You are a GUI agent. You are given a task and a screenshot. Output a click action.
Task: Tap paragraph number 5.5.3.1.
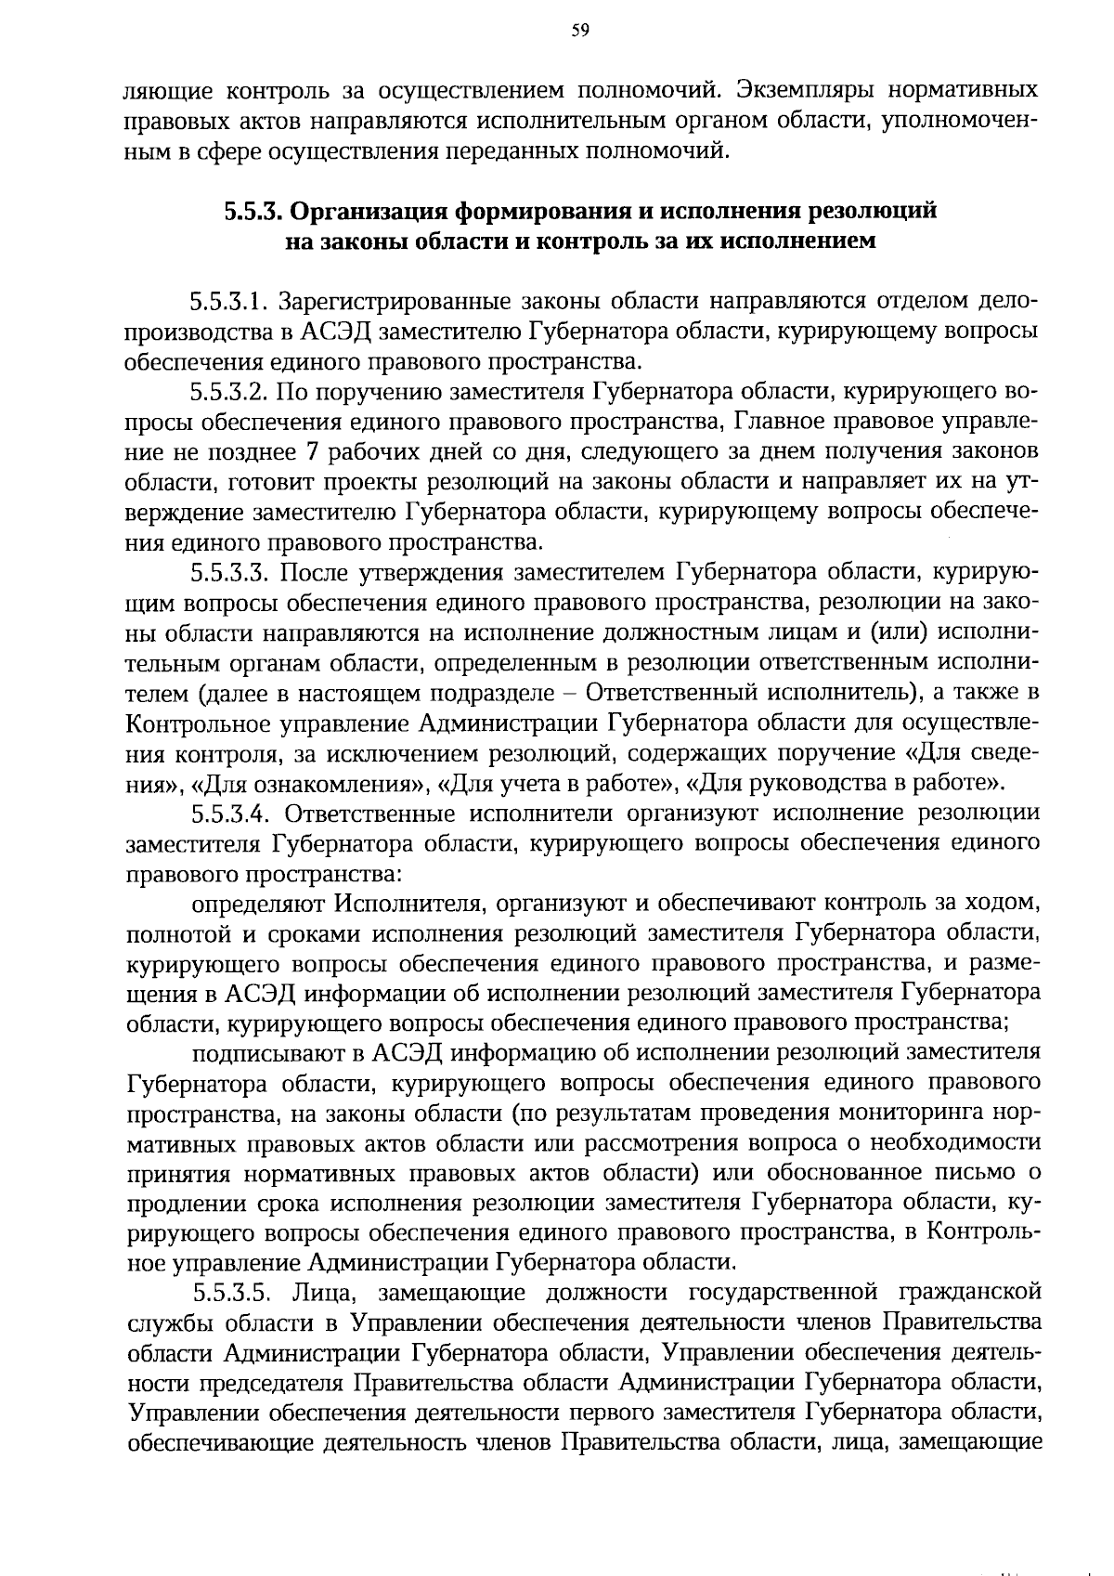(x=230, y=302)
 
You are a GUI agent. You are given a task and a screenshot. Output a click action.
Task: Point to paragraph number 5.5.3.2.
(x=230, y=391)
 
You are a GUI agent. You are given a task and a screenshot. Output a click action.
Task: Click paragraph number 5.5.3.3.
(x=230, y=571)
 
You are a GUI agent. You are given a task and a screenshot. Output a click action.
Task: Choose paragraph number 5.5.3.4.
(x=232, y=814)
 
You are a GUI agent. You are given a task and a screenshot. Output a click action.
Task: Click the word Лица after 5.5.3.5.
(x=320, y=1293)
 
